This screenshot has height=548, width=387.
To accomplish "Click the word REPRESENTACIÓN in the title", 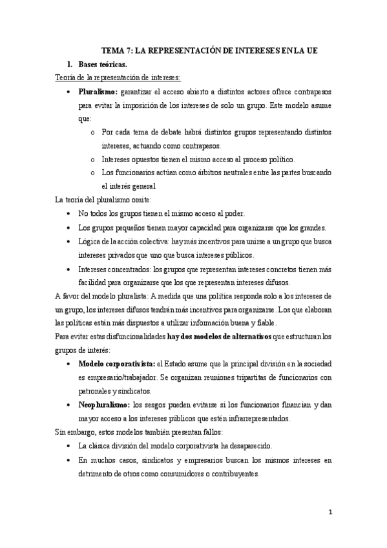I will click(x=183, y=50).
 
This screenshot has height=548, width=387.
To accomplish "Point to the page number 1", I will click(x=329, y=513).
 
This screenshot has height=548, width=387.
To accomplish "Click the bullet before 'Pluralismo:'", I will click(x=69, y=92).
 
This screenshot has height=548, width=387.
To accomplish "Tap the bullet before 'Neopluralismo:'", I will click(x=69, y=405).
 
